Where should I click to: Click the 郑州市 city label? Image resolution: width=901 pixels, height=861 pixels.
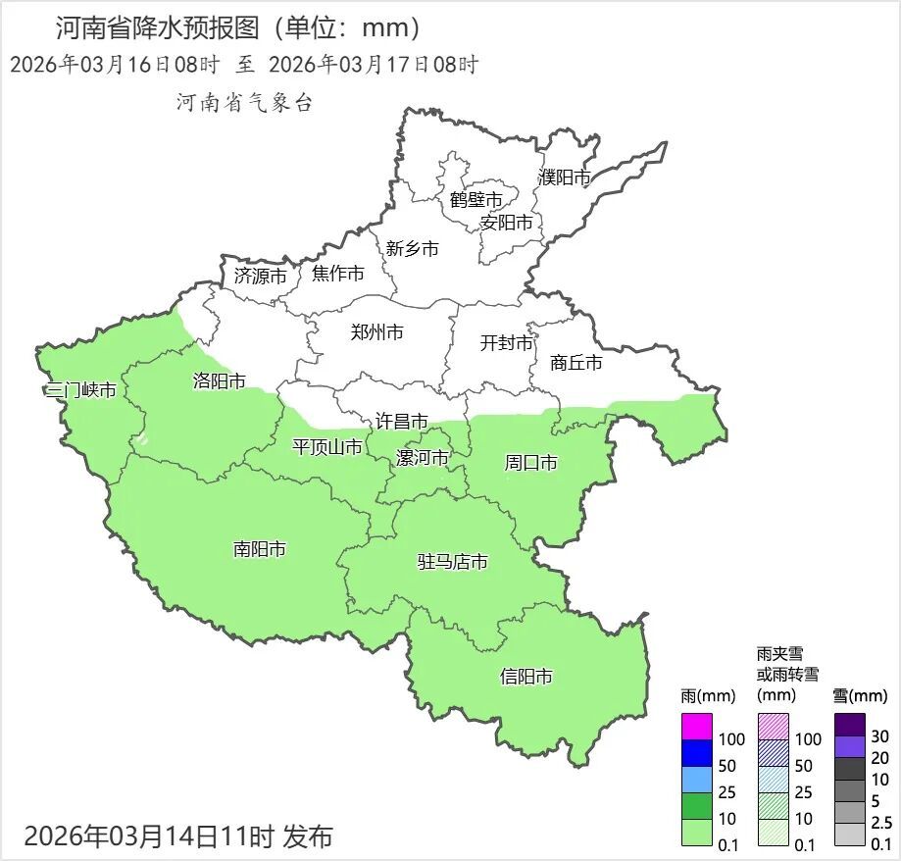pos(376,332)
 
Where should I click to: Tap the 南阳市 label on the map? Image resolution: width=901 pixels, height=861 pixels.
pos(260,549)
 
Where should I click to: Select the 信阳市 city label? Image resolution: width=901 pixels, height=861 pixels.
pos(526,677)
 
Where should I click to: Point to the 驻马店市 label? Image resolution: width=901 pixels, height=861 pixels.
pos(453,563)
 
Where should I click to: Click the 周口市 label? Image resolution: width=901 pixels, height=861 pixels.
pos(531,462)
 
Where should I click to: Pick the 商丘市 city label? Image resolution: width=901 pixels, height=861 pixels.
pos(576,363)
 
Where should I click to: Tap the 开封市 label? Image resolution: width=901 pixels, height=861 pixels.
pos(507,343)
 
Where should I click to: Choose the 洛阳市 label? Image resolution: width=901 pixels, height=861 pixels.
pos(220,381)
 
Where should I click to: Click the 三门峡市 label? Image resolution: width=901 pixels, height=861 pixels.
pos(81,390)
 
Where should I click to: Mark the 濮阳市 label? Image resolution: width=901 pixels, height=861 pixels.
pos(565,177)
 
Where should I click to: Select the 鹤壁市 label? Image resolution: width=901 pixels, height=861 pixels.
pos(476,200)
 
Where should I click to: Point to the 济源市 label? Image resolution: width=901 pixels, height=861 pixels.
pos(261,277)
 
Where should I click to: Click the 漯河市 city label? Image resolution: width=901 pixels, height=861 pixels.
pos(422,458)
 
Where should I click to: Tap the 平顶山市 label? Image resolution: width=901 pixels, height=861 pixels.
pos(327,448)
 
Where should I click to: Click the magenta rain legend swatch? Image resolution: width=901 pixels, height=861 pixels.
pos(696,727)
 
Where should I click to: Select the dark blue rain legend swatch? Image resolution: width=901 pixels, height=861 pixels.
pos(696,753)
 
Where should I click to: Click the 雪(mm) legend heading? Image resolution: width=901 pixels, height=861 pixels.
pos(860,696)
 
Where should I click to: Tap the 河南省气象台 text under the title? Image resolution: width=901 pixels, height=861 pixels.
pos(244,103)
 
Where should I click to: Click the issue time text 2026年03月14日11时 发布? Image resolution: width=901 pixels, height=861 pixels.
pos(178,836)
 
